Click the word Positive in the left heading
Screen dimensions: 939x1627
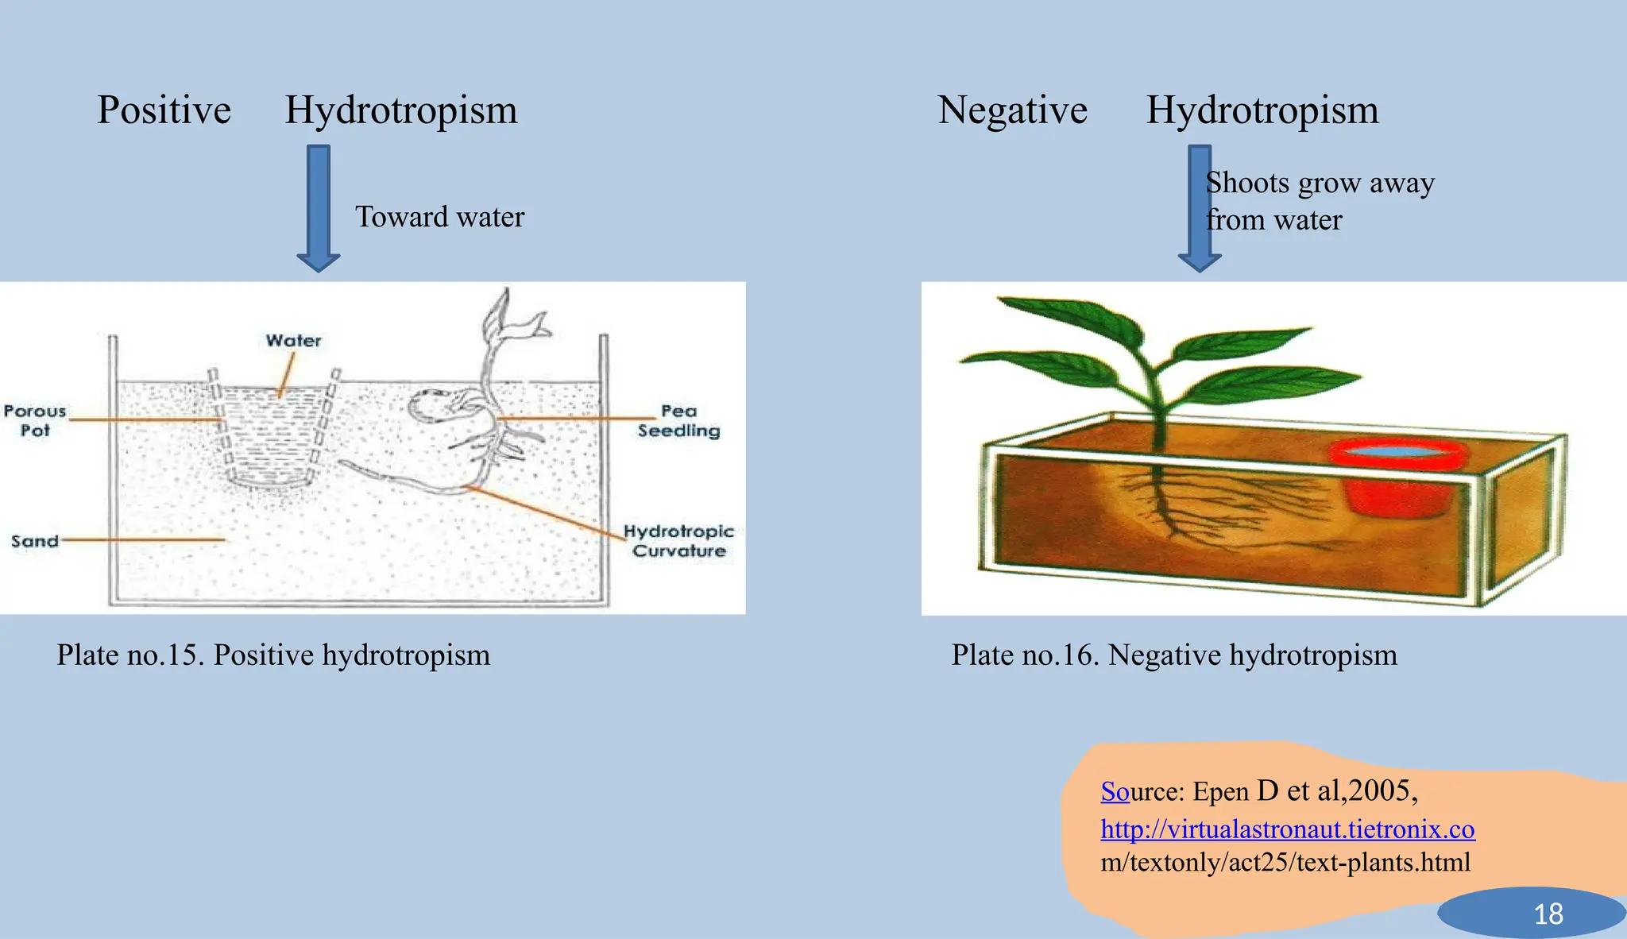[164, 110]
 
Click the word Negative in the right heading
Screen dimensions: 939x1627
[1012, 110]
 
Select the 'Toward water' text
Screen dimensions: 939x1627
[439, 217]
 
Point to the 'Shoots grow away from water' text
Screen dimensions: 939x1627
[1319, 201]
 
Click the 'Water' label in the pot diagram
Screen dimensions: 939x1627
[293, 341]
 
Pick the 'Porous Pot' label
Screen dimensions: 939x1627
[35, 420]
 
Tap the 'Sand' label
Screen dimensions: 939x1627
[35, 541]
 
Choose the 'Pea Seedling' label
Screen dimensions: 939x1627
[678, 420]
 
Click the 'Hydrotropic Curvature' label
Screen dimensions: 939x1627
[678, 541]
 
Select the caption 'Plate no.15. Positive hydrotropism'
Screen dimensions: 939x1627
[273, 655]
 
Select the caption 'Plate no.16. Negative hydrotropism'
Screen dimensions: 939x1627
[1174, 655]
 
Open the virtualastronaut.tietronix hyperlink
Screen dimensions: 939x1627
[1287, 829]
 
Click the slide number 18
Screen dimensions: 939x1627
[1548, 914]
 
